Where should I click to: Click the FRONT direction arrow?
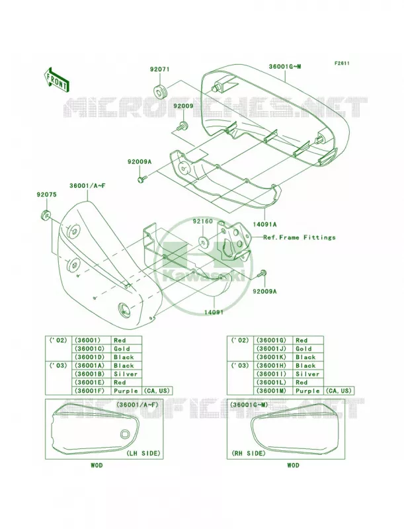click(x=56, y=79)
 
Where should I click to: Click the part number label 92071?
click(x=160, y=69)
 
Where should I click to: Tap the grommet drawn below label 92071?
click(x=161, y=91)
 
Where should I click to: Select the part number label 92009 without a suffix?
click(x=183, y=106)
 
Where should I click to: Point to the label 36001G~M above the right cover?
click(x=284, y=67)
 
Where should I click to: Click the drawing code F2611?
click(x=342, y=63)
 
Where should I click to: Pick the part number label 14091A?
click(x=265, y=224)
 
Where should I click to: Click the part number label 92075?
click(x=47, y=194)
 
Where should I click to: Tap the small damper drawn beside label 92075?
click(x=45, y=215)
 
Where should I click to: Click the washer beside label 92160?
click(x=204, y=241)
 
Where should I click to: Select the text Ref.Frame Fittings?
click(x=300, y=237)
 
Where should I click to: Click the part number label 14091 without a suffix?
click(x=214, y=312)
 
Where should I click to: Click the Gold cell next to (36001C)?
click(x=122, y=348)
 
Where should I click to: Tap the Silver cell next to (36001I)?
click(x=307, y=374)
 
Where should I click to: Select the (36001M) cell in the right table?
click(x=272, y=391)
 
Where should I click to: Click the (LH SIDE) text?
click(x=143, y=453)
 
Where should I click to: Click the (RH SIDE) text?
click(x=249, y=453)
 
